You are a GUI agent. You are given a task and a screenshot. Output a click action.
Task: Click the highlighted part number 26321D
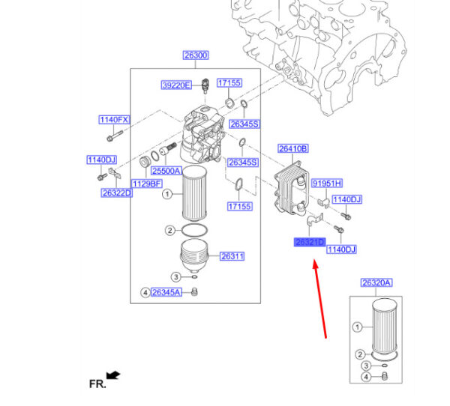(309, 242)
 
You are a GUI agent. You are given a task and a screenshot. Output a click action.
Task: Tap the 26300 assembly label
(196, 55)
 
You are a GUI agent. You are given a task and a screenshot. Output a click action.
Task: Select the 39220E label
(176, 85)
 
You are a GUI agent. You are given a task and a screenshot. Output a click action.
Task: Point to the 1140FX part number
(114, 120)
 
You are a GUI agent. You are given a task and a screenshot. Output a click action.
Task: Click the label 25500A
(166, 171)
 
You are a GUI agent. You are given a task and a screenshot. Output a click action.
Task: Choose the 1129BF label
(147, 184)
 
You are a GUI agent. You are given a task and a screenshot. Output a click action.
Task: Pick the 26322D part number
(116, 193)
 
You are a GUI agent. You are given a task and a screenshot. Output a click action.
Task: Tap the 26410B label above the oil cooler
(293, 149)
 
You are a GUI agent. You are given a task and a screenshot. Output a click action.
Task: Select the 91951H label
(326, 183)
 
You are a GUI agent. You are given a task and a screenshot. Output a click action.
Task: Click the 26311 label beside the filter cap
(232, 257)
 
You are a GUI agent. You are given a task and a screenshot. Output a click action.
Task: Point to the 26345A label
(166, 292)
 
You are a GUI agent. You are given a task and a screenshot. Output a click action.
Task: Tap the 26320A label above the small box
(376, 282)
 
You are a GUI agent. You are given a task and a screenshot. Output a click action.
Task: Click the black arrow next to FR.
(113, 374)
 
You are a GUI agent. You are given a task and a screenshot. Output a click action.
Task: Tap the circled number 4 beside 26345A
(145, 292)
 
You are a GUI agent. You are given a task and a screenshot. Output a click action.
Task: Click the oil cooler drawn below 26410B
(290, 191)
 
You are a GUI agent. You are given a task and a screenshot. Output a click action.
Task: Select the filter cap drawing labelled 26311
(196, 257)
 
